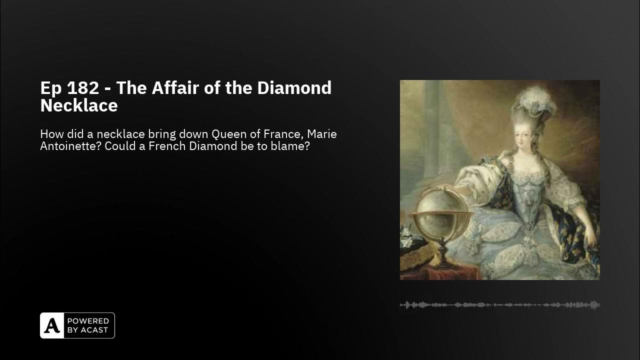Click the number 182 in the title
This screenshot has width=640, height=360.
coord(82,88)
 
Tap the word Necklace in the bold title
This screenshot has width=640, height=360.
coord(79,105)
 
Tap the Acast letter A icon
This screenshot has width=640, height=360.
coord(52,325)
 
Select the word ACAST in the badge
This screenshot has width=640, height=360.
coord(93,330)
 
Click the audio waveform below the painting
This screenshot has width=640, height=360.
coord(499,304)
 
